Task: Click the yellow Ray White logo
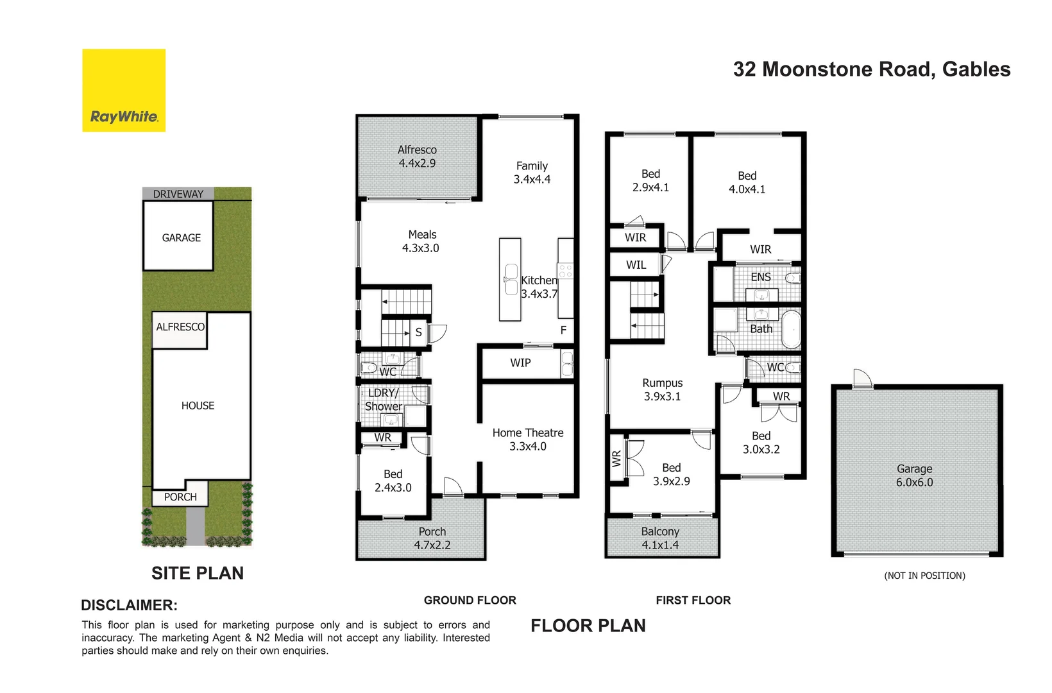click(x=124, y=90)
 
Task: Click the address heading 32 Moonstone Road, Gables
click(x=871, y=69)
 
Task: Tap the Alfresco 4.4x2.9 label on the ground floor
click(x=417, y=157)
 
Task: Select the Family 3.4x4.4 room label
click(x=532, y=173)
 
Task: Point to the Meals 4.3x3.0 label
click(x=421, y=241)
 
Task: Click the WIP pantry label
click(x=520, y=363)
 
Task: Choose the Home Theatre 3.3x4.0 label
click(x=528, y=440)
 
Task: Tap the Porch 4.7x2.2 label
click(x=432, y=538)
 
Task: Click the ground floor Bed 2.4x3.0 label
click(x=393, y=481)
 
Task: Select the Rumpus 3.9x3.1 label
click(x=662, y=389)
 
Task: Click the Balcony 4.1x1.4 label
click(x=660, y=538)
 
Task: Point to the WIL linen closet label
click(x=636, y=265)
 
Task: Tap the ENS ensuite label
click(x=760, y=277)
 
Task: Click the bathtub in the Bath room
click(x=790, y=328)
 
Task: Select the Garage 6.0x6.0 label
click(x=914, y=475)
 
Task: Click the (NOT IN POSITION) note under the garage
click(x=924, y=576)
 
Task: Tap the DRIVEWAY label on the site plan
click(x=178, y=194)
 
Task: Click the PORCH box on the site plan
click(x=180, y=497)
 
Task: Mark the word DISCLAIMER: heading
click(x=129, y=605)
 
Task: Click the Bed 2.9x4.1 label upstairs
click(x=650, y=180)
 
